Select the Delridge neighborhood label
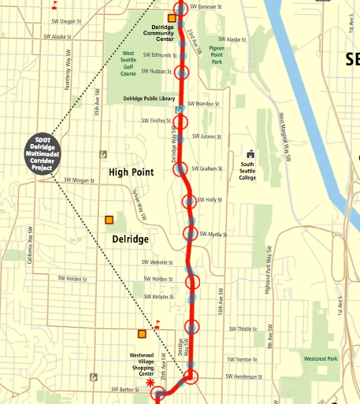131,237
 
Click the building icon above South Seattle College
251,154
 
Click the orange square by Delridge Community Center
172,17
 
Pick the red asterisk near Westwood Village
150,382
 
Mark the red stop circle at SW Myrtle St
191,233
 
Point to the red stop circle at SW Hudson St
184,73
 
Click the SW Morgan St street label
79,180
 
